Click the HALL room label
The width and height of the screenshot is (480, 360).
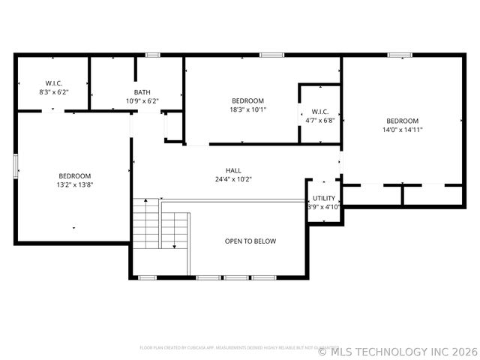233,170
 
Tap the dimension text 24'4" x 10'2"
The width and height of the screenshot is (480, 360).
233,179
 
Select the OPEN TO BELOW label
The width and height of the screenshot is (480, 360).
250,241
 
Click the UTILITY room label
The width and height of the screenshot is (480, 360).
324,198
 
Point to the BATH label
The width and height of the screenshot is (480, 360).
142,91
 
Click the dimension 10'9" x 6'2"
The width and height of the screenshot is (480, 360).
142,100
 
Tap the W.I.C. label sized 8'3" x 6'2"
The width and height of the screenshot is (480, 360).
52,82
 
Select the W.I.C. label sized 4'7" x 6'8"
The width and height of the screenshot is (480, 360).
319,111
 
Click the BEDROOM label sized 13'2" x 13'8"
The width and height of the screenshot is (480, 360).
74,175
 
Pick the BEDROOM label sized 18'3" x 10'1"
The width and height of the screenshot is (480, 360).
247,100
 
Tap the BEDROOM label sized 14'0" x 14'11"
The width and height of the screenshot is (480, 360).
402,121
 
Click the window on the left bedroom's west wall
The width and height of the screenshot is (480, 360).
16,166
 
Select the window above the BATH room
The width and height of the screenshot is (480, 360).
152,55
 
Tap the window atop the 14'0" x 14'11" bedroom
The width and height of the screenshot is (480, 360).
400,55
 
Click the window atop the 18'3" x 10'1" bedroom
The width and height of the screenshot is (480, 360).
271,55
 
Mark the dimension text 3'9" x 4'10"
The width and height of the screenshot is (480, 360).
324,206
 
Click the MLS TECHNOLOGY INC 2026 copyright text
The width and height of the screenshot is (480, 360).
397,351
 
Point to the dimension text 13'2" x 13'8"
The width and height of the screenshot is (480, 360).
74,184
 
